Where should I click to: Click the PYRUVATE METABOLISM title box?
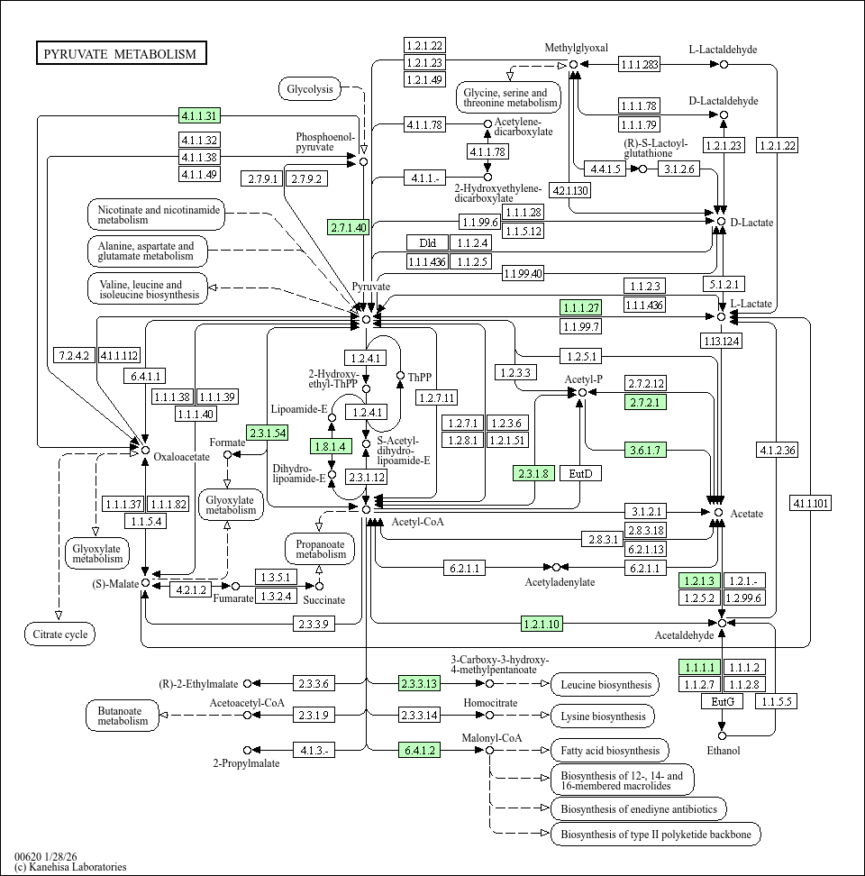pos(121,54)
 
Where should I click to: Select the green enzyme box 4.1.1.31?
pos(199,115)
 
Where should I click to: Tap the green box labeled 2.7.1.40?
pos(349,227)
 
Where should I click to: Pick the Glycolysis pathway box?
pos(310,88)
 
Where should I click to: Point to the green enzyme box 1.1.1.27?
pos(580,307)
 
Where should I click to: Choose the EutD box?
pos(580,473)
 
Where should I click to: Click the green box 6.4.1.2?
pos(419,750)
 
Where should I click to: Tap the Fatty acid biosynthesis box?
pos(609,750)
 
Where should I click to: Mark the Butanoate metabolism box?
pos(123,716)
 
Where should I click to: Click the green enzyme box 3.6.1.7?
pos(645,450)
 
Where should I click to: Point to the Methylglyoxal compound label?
pos(577,48)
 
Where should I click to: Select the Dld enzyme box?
pos(427,242)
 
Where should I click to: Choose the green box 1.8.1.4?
pos(328,446)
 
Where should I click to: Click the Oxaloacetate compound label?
pos(181,456)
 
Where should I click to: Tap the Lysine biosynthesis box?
pos(603,716)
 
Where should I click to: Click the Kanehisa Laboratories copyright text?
pos(70,867)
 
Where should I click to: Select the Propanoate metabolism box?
pos(320,548)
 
